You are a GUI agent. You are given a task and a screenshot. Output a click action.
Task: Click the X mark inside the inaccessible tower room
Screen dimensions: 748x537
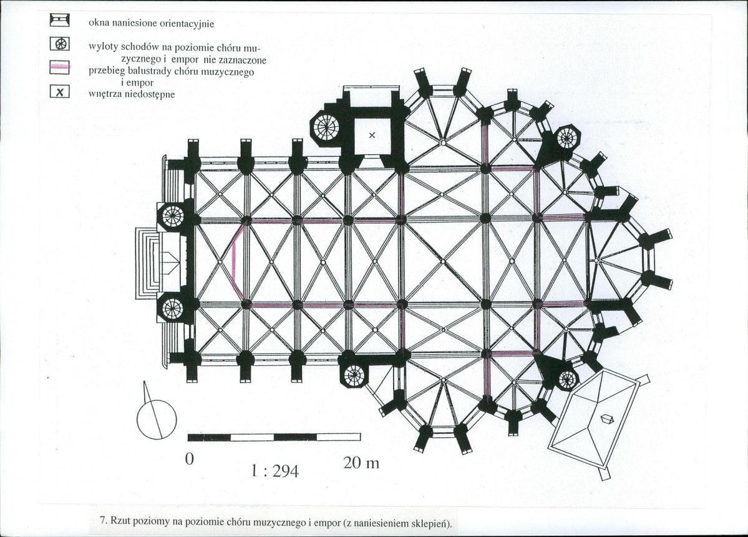(372, 135)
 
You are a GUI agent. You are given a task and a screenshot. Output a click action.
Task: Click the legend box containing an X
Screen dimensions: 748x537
(60, 92)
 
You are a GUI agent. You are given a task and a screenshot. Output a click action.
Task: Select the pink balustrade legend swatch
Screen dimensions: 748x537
(60, 67)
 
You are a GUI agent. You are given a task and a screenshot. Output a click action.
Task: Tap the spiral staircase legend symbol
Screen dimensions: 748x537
(60, 44)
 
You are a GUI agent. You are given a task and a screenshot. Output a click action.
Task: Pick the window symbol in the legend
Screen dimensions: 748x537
(60, 20)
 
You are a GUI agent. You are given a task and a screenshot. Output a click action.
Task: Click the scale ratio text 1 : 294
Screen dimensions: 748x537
(274, 471)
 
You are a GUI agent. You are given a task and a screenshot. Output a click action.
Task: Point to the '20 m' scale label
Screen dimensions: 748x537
(361, 463)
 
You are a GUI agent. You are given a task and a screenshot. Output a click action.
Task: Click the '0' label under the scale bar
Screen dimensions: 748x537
(190, 459)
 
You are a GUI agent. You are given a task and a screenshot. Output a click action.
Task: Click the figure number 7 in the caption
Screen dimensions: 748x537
(102, 520)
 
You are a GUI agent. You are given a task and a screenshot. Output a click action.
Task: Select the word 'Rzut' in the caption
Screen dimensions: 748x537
(119, 520)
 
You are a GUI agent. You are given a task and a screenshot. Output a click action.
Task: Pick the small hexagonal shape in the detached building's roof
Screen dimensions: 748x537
(606, 418)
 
